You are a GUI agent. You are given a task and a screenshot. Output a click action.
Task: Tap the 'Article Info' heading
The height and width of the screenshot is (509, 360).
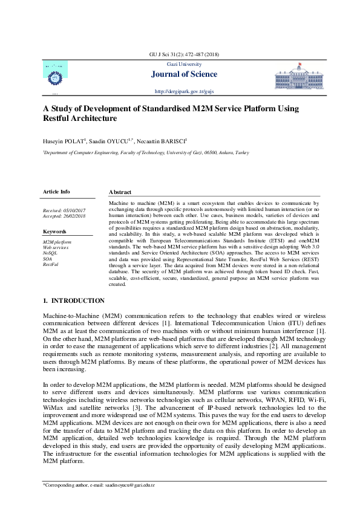pos(56,191)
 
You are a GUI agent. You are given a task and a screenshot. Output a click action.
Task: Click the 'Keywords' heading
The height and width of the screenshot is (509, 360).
pos(54,232)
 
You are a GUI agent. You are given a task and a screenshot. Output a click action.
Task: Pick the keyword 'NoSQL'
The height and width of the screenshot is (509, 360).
pos(50,253)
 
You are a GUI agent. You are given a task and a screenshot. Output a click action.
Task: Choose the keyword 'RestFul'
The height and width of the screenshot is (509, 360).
pos(51,264)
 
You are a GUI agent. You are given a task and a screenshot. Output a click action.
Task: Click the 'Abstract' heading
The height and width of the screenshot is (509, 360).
pos(120,192)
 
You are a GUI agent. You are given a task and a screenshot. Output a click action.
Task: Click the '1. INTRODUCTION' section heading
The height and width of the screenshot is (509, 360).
pos(73,300)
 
